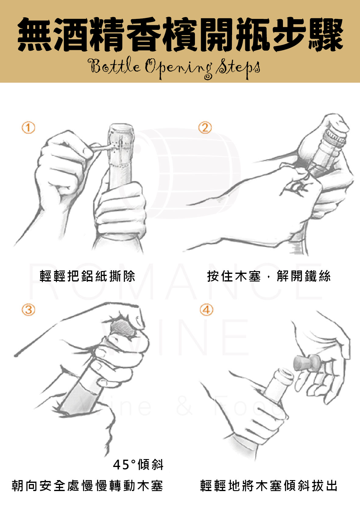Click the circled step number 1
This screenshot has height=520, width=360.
coord(28,127)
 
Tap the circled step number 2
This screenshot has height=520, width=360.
coord(205,127)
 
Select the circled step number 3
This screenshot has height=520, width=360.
coord(28,310)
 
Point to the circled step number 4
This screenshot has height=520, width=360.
coord(206,310)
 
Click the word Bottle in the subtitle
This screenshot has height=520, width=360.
coord(114,65)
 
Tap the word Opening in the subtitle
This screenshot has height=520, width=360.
coord(179,68)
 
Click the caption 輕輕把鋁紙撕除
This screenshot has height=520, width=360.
coord(87,276)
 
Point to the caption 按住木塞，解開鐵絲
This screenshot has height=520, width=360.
coord(269,276)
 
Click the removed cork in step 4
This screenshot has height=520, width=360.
coord(307,363)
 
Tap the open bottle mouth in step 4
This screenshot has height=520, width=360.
coord(284,373)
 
